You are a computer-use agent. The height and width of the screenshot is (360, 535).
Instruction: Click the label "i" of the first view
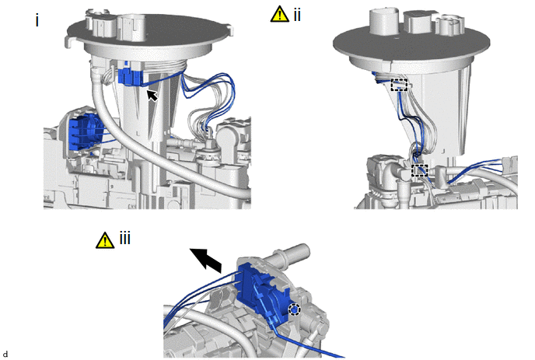coord(37,21)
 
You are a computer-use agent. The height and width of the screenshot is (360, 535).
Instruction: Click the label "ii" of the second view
coord(297,15)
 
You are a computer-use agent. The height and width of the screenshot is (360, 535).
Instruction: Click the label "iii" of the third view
coord(125,238)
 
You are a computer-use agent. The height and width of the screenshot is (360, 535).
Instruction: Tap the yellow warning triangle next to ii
coord(279,14)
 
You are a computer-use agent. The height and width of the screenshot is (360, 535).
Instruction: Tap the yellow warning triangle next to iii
coord(105,240)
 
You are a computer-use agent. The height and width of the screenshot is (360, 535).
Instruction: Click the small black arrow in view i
coord(152,95)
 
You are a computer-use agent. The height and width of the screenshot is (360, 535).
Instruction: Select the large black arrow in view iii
coord(206,260)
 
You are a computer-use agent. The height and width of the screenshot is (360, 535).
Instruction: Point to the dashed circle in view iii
coord(294,309)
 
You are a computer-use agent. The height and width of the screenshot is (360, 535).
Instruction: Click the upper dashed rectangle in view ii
coord(399,85)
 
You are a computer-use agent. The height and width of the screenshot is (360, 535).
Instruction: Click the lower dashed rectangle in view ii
coord(419,170)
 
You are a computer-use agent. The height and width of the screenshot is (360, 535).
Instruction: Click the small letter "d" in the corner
coord(5,355)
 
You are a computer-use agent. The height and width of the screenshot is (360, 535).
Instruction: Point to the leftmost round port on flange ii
coord(384,21)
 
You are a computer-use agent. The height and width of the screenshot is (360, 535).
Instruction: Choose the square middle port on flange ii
coord(419,23)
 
